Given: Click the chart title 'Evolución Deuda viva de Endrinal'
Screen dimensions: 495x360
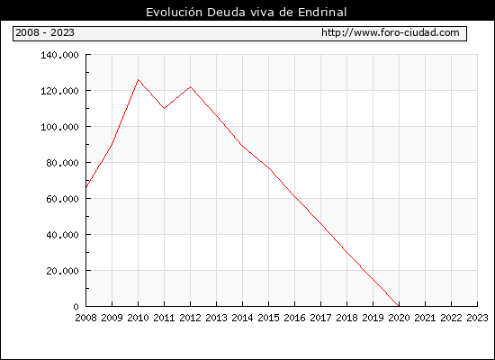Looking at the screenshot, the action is tap(247, 13).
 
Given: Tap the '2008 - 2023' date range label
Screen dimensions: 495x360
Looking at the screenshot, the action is tap(45, 32).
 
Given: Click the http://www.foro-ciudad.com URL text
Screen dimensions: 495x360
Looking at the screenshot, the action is tap(391, 32).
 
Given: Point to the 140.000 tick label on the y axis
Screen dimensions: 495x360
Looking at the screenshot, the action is tap(59, 55).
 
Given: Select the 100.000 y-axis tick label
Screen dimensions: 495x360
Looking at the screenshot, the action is tap(59, 127).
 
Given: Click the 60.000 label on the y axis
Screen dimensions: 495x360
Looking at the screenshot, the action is tap(62, 199).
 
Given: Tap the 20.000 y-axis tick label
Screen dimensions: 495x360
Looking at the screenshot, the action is tap(62, 271).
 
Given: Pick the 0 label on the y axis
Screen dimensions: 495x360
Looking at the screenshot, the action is tap(76, 307).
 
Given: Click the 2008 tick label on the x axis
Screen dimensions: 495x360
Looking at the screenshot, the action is tap(85, 318).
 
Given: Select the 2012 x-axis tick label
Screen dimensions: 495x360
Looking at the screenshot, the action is tap(191, 318).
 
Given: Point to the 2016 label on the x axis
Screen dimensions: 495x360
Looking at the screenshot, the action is tap(294, 318).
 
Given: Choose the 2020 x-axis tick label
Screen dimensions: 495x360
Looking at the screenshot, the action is tap(399, 318).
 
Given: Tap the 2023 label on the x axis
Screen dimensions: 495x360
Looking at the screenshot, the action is tap(477, 318).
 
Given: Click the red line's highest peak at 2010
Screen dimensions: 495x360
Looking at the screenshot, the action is tap(138, 79).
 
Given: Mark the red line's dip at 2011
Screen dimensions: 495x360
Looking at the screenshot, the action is tap(164, 108).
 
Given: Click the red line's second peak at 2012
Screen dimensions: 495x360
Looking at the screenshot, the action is tap(191, 86).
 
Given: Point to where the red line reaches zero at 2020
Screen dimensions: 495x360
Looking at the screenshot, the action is tap(399, 306).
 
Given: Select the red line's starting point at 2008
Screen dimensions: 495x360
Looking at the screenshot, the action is tap(86, 187).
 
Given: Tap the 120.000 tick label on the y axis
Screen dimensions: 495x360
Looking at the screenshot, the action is tap(59, 91).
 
